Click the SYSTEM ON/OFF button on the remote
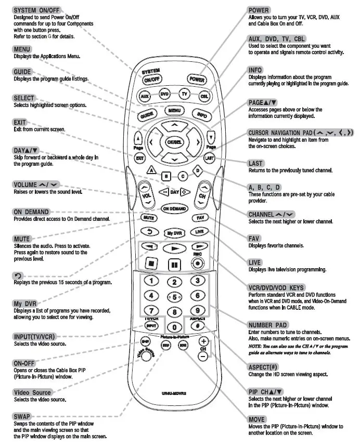tap(152, 81)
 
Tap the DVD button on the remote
tap(165, 95)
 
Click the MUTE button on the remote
tap(147, 217)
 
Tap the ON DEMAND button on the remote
tap(174, 208)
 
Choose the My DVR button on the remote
tap(174, 233)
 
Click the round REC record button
tap(198, 263)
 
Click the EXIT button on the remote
tap(139, 157)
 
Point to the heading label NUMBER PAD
tap(267, 325)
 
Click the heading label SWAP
tap(22, 416)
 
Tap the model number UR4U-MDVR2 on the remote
tap(175, 393)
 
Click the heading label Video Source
tap(33, 392)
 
